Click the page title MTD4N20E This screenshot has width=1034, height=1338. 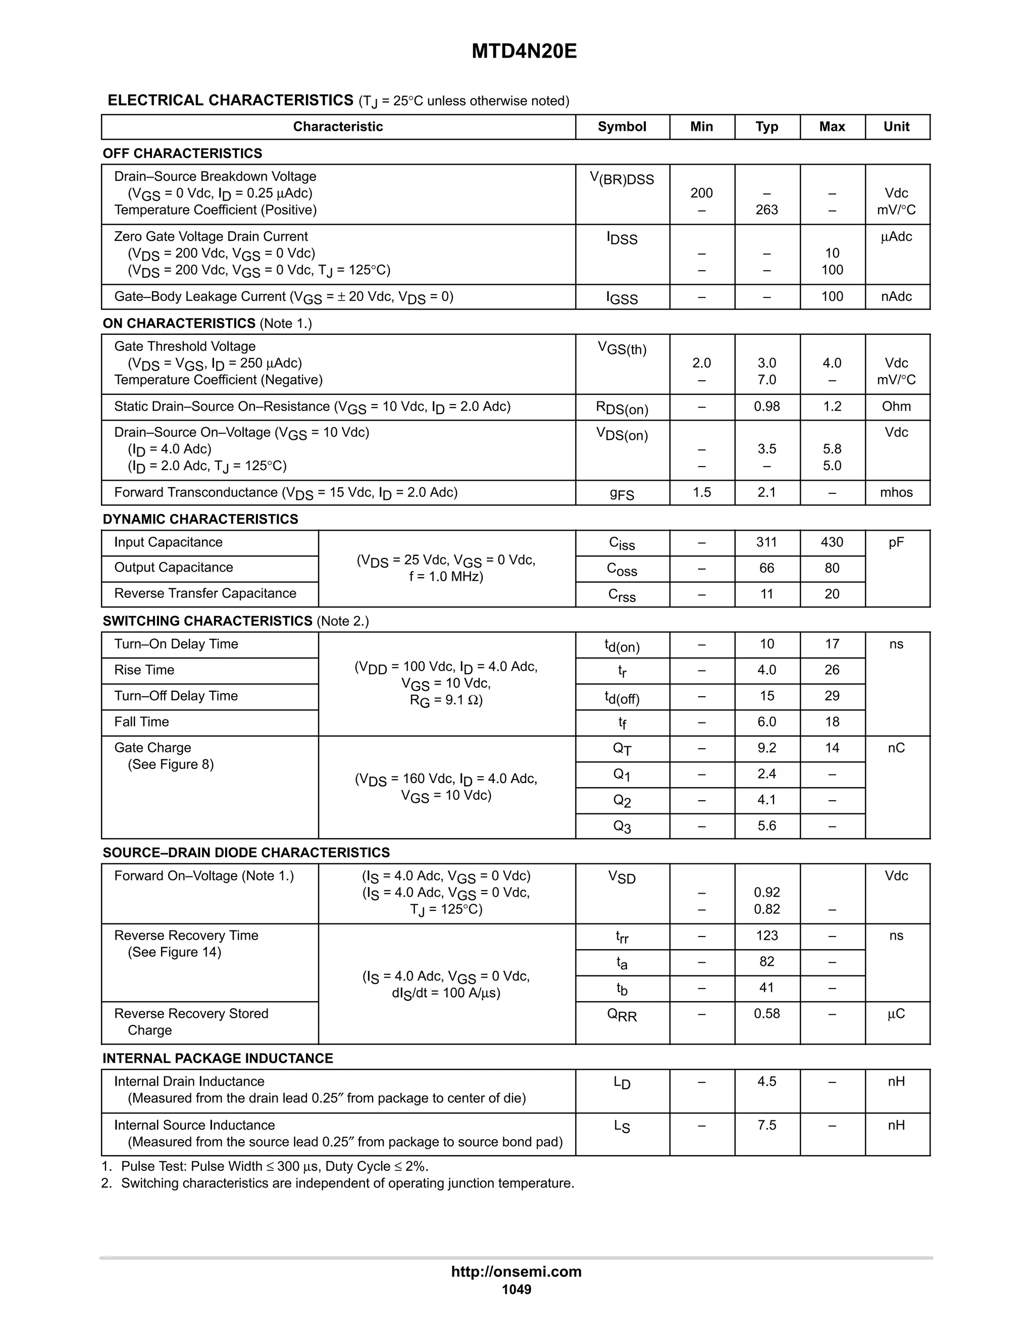pos(524,52)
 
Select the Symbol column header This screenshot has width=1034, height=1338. pos(622,127)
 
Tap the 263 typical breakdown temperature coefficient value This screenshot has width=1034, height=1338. pos(766,210)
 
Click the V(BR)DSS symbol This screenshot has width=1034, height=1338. pos(622,179)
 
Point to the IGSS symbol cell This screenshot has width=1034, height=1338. pos(622,298)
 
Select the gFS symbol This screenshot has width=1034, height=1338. pos(622,494)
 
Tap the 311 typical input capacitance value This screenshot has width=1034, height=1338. pos(766,542)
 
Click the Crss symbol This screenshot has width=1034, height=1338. pos(622,595)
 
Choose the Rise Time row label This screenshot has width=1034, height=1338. pos(144,670)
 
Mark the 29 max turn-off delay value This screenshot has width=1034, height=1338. pos(831,696)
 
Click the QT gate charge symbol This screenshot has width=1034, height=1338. pos(622,749)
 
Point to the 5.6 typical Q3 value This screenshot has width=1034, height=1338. pos(766,826)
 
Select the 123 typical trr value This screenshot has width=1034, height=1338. pos(766,936)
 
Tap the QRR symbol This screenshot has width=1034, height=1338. pos(622,1015)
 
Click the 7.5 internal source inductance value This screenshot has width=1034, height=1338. pos(766,1125)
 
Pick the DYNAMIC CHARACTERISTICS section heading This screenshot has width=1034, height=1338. pos(200,519)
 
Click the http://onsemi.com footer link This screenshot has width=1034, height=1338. pos(516,1271)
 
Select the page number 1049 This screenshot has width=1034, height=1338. pos(516,1290)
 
